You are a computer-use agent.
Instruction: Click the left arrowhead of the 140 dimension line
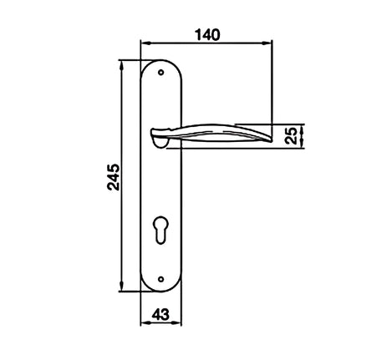143,43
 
